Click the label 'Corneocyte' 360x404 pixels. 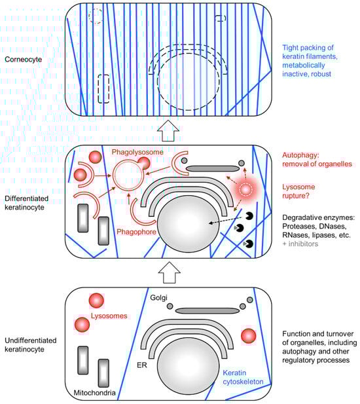[23, 60]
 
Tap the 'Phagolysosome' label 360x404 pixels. [137, 152]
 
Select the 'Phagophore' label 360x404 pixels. [137, 232]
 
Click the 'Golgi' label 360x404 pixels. [158, 297]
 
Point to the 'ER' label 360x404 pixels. [142, 365]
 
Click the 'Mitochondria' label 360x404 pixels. [94, 393]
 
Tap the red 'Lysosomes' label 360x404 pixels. [109, 316]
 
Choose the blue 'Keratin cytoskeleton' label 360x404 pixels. [243, 377]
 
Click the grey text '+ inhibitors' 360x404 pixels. [300, 244]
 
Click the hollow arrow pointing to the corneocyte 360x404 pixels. [168, 130]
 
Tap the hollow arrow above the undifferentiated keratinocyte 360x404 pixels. [169, 272]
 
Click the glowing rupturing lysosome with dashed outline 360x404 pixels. [245, 190]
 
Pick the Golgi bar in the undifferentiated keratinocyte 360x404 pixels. [207, 311]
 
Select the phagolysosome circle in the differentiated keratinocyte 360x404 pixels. [128, 175]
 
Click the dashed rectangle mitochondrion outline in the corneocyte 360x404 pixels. [103, 89]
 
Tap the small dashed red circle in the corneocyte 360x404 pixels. [96, 16]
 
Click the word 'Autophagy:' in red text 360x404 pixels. [301, 155]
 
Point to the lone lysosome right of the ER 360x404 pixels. [249, 336]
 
